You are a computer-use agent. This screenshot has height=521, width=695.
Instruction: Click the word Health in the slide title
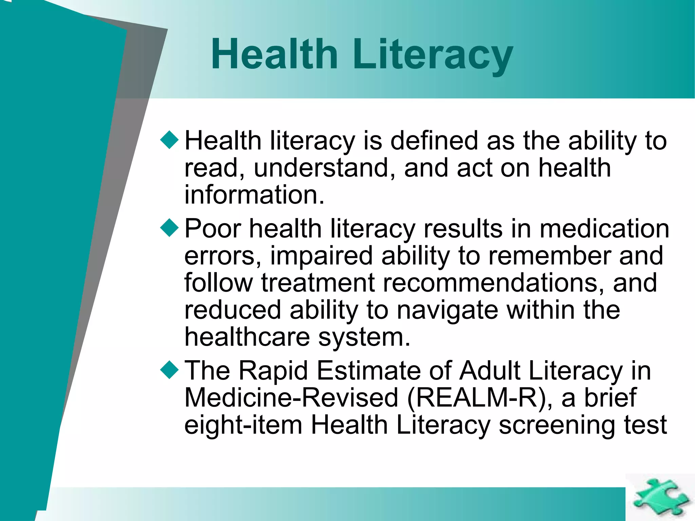[274, 54]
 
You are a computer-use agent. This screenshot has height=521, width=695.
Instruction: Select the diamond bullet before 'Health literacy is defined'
[169, 139]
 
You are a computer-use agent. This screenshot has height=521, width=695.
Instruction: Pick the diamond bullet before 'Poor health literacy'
[169, 227]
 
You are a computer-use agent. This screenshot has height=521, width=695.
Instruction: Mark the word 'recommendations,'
[494, 283]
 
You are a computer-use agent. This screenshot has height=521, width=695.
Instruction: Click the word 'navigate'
[448, 310]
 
